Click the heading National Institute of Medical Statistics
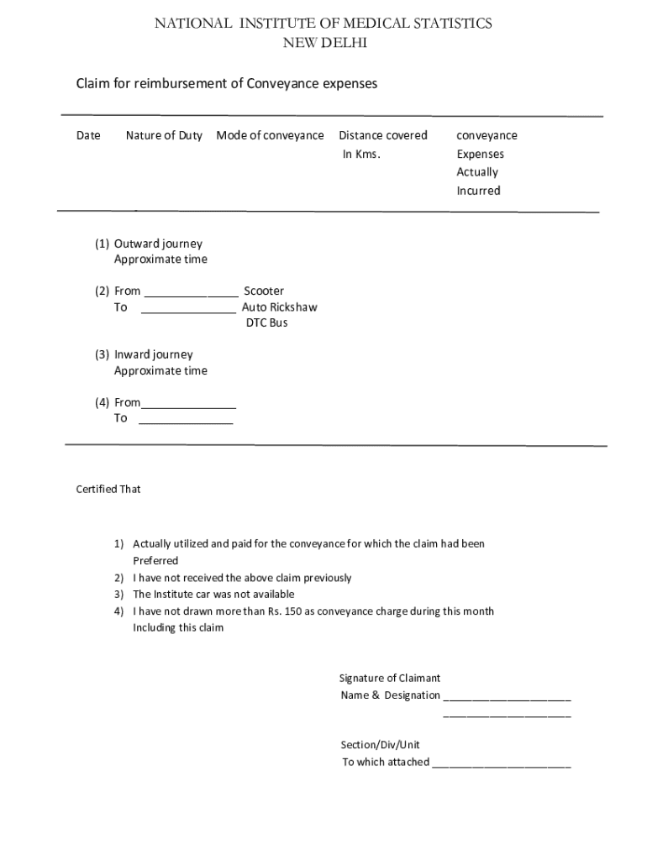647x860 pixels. point(323,24)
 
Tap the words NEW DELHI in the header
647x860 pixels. point(323,43)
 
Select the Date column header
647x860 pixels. point(88,136)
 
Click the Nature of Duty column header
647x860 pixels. point(164,136)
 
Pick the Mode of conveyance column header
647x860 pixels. point(270,136)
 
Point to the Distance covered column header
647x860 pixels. point(382,136)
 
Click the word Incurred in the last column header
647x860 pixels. point(478,191)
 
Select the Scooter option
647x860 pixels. point(264,291)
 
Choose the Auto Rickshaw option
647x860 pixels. point(280,307)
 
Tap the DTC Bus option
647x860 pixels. point(266,323)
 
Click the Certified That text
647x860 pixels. point(108,489)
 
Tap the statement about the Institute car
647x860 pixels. point(213,595)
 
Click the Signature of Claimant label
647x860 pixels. point(390,678)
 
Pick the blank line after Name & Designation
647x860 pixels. point(507,697)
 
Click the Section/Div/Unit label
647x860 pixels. point(380,745)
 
